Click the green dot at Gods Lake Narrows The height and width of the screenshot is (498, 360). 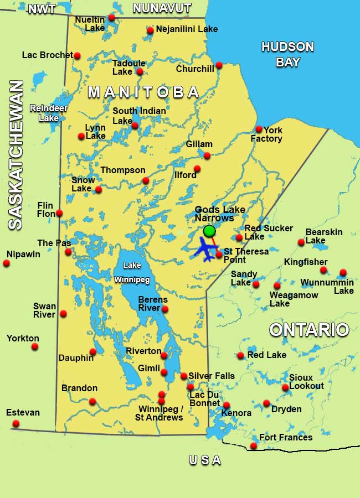(209, 231)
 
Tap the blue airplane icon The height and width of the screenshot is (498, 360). (207, 251)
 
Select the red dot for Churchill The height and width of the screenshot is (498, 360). (219, 65)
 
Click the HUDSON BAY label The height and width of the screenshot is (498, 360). (287, 54)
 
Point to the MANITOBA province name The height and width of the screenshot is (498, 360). (143, 92)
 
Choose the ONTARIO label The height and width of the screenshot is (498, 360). (309, 330)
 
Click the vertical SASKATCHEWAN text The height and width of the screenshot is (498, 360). (16, 155)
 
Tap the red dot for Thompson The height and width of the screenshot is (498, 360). (146, 180)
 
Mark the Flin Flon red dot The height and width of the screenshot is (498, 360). (59, 213)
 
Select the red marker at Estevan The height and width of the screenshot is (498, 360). (16, 423)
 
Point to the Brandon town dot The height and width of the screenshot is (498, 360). (92, 401)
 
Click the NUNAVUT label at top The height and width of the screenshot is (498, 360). (162, 8)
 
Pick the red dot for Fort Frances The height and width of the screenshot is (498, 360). (253, 446)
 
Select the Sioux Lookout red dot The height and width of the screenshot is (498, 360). (285, 388)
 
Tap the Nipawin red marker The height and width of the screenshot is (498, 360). (7, 263)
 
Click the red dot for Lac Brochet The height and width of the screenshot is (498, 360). (77, 55)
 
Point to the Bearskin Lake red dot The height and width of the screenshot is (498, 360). (301, 242)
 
